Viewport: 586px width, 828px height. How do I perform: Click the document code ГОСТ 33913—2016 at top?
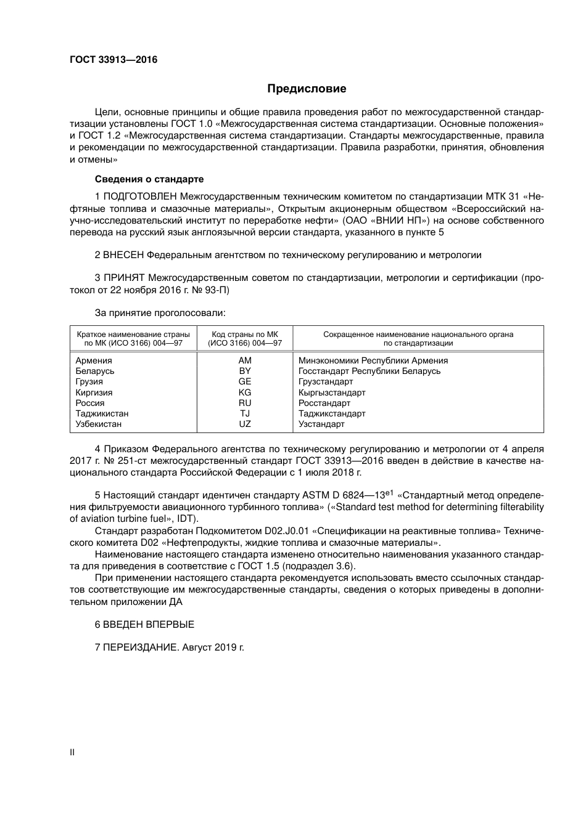pos(113,60)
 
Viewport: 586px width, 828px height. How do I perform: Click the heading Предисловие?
pos(307,89)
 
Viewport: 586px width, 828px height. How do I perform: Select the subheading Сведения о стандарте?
pos(149,179)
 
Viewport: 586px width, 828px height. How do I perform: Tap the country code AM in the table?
pos(245,360)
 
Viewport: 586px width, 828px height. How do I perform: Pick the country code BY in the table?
pos(245,371)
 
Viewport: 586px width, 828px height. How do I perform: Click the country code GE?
pos(245,381)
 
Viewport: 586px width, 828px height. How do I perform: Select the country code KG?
pos(245,392)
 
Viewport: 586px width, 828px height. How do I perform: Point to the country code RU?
pos(245,403)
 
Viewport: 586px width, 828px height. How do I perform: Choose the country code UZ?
pos(245,424)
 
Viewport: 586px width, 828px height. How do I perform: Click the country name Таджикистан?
pos(102,413)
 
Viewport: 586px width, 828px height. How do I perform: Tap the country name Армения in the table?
pos(94,360)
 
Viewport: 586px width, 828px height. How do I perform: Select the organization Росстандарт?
pos(324,403)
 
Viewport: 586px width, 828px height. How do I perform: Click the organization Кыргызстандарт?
pos(332,392)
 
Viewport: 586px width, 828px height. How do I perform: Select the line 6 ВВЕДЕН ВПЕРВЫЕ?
pos(144,625)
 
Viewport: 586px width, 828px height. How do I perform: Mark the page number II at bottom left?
pos(72,752)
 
